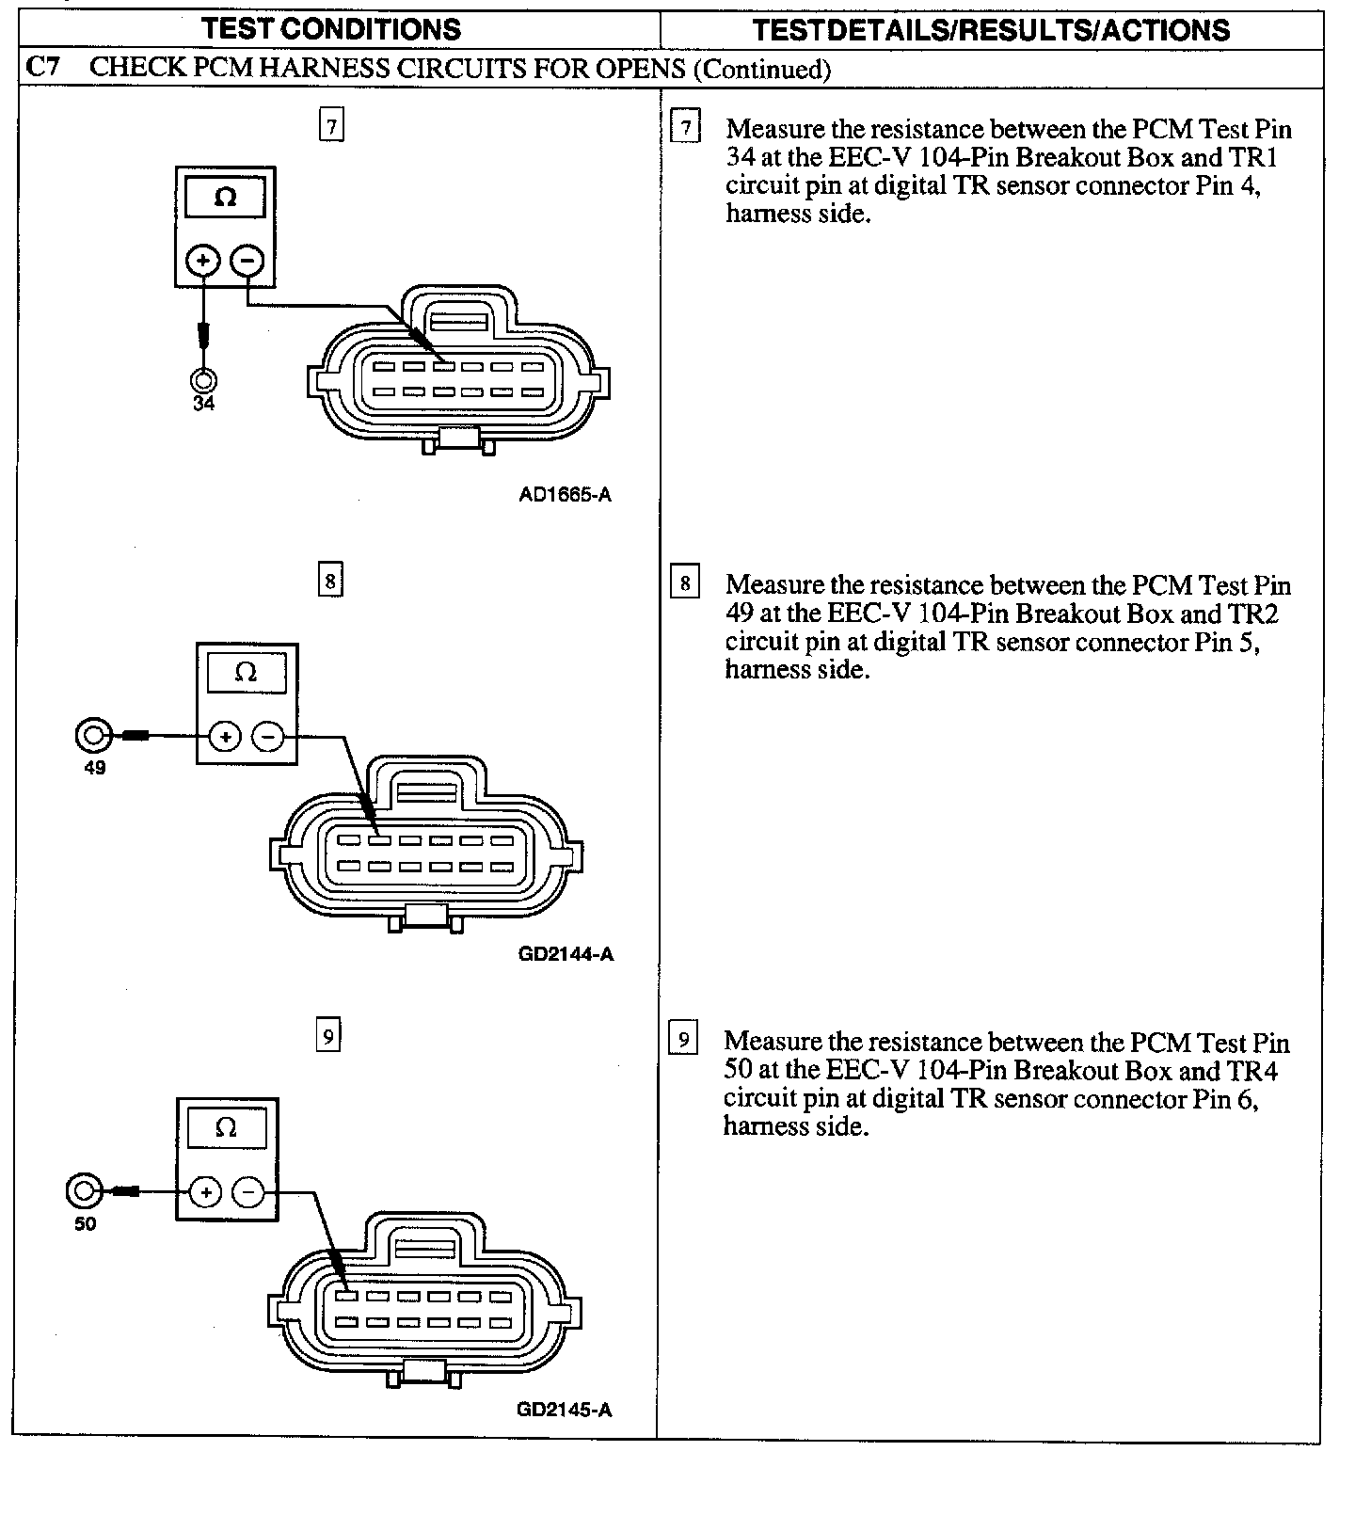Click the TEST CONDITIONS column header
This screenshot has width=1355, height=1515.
click(331, 29)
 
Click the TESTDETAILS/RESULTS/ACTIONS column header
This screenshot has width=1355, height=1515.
click(991, 30)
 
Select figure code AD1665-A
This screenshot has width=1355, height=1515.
click(565, 495)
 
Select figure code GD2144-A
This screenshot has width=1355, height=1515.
click(566, 953)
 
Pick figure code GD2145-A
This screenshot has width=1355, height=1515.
click(564, 1410)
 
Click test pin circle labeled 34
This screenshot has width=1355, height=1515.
click(203, 380)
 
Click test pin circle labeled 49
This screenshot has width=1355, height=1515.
click(93, 735)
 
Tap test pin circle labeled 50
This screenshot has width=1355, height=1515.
click(83, 1191)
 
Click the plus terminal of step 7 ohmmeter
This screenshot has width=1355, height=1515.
click(203, 259)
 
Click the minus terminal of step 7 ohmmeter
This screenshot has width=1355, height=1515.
click(247, 259)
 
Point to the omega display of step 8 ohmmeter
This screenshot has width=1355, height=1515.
click(247, 673)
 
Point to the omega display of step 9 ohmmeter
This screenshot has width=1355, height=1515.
click(227, 1127)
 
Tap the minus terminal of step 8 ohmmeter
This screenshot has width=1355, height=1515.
click(269, 736)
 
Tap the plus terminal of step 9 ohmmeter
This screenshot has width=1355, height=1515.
click(205, 1192)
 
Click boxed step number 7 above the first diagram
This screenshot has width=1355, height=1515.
click(331, 125)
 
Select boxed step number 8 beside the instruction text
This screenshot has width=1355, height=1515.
click(685, 583)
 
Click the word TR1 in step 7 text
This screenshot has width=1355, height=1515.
click(1253, 157)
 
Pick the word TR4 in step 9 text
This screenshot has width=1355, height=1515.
click(1252, 1070)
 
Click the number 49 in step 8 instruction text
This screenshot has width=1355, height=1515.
click(740, 614)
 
